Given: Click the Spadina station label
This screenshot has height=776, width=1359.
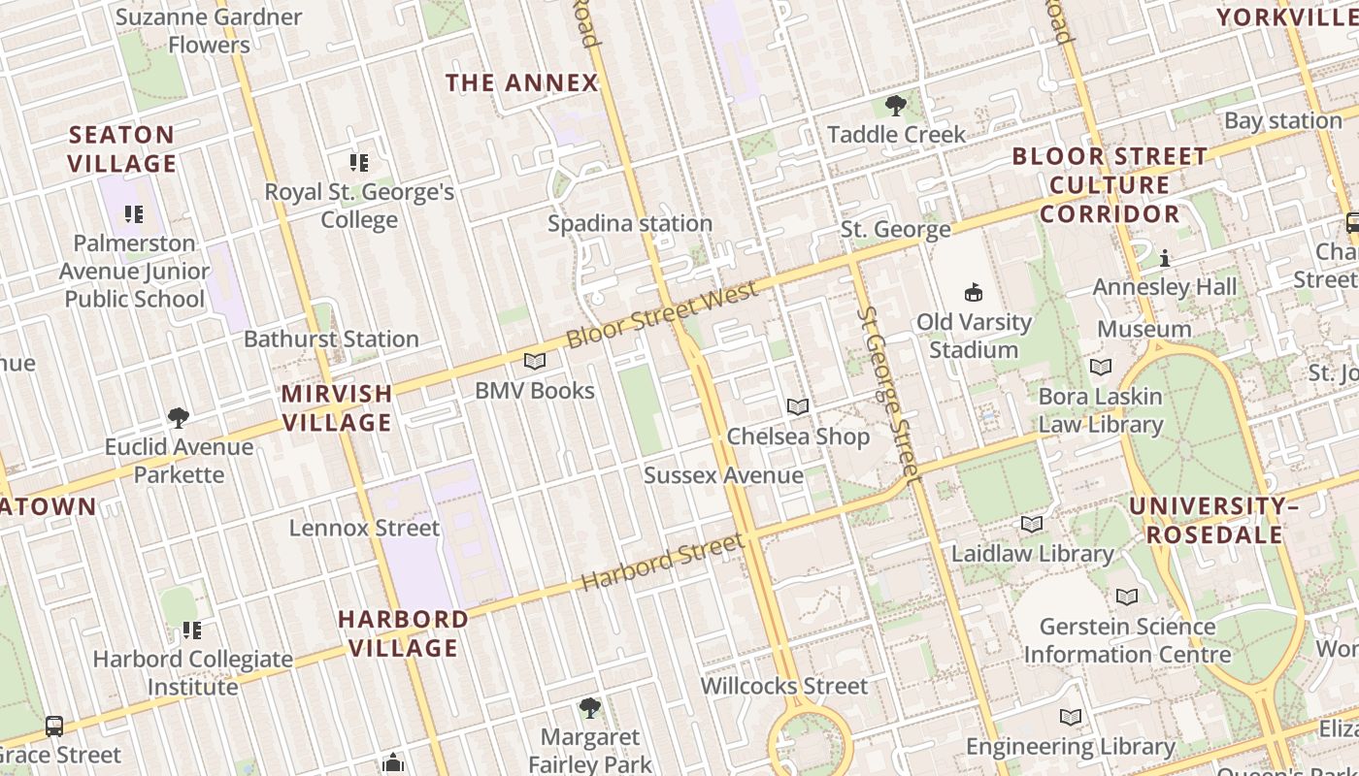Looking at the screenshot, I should [x=630, y=224].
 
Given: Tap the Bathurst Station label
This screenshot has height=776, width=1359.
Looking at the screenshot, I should [x=331, y=339].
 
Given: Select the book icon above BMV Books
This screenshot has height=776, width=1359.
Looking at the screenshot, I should [x=535, y=362].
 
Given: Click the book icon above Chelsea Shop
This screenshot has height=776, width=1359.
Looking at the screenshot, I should [x=798, y=406].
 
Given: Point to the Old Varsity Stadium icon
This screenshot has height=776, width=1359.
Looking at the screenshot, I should [x=974, y=292].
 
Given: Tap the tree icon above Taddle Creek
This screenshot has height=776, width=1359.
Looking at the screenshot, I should [x=896, y=105].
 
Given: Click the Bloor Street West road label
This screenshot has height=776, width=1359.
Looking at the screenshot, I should [x=661, y=315].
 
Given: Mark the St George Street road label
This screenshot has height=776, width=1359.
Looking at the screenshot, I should [x=888, y=394].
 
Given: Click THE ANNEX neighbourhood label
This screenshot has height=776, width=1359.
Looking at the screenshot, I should [x=522, y=83].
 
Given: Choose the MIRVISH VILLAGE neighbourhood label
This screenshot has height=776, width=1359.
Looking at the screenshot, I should [x=337, y=408].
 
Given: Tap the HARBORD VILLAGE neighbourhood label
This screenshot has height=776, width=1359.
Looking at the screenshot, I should [x=403, y=633].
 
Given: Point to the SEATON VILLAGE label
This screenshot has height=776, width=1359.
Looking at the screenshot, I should [x=122, y=149].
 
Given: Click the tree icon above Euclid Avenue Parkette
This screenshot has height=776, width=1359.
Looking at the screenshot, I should [x=178, y=417].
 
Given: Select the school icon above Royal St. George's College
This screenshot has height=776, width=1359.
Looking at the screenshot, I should [x=359, y=162].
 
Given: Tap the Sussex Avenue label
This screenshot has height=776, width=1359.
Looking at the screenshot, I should [x=723, y=475].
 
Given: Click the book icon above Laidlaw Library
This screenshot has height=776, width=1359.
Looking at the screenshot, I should [x=1032, y=525].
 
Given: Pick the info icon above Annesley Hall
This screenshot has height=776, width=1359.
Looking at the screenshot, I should [x=1165, y=258].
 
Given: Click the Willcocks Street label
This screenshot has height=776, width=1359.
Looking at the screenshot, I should [x=784, y=687].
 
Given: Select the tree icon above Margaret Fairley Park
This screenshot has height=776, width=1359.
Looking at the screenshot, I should [x=589, y=707].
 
